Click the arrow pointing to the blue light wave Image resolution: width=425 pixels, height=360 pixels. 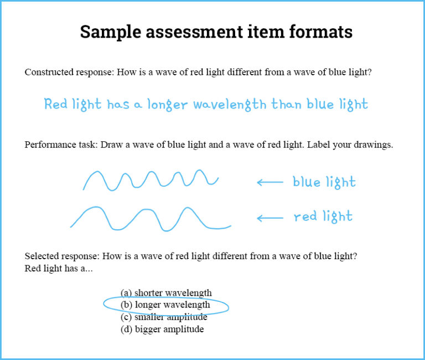tap(269, 182)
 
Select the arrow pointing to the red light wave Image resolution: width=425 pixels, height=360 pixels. tap(269, 218)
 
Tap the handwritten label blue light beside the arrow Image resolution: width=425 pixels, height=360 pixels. tap(324, 182)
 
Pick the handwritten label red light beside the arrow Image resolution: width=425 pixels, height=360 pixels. tap(323, 217)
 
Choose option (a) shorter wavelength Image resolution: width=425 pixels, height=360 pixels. tap(166, 292)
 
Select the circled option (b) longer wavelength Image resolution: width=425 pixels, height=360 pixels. tap(165, 305)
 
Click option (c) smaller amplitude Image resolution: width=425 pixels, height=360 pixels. tap(164, 317)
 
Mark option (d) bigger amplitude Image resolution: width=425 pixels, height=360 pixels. tap(162, 329)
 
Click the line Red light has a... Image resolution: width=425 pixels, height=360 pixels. tap(59, 269)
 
